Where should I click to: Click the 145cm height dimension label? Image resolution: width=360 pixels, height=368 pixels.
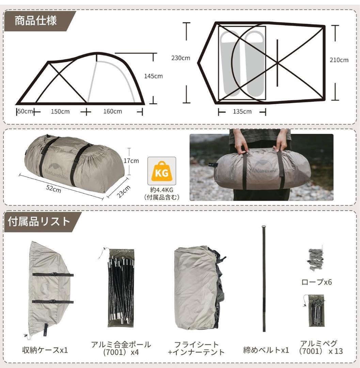point(153,76)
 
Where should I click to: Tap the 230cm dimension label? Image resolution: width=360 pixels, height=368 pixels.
point(181,58)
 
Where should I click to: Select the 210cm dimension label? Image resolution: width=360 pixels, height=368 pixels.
point(339,60)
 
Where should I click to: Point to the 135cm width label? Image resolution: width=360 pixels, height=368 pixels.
point(242,112)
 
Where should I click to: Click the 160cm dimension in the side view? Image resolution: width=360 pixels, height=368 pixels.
point(113,111)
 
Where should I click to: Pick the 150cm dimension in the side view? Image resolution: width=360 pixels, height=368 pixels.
point(60,111)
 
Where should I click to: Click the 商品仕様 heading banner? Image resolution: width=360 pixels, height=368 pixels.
point(36,20)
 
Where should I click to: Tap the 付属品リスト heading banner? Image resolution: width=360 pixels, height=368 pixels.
point(39,221)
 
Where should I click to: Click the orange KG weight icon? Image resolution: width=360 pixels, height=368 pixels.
point(162,173)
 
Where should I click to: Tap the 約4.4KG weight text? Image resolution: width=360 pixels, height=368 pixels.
point(162,190)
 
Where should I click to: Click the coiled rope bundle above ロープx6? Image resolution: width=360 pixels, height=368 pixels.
point(316,259)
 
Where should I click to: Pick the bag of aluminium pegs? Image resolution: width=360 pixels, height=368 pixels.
point(316,310)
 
